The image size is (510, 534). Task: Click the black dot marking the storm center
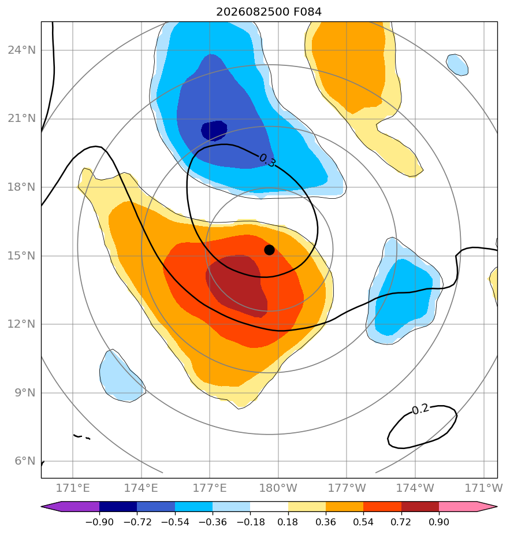click(269, 250)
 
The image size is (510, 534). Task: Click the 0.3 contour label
click(267, 161)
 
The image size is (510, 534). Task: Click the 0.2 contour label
click(420, 409)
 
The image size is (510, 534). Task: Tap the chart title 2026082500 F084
click(269, 12)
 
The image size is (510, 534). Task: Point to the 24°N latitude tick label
click(21, 50)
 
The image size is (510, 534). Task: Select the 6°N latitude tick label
click(25, 461)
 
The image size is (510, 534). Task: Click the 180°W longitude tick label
click(278, 488)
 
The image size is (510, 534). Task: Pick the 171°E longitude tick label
click(73, 488)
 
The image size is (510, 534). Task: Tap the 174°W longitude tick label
click(415, 488)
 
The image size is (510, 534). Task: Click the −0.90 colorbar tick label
click(99, 522)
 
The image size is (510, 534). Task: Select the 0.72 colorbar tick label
click(401, 522)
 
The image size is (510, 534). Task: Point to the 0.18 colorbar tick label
click(288, 522)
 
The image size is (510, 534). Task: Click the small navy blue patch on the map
click(214, 131)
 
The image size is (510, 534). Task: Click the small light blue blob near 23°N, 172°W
click(457, 65)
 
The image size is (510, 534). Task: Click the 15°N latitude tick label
click(21, 255)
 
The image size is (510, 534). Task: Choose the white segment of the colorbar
click(269, 506)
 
